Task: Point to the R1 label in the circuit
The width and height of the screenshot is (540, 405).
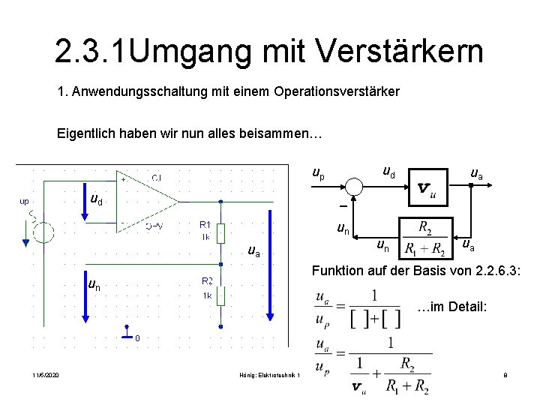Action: [205, 223]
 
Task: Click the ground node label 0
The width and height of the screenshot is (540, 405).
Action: [136, 337]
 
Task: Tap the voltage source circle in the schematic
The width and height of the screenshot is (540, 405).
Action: [43, 233]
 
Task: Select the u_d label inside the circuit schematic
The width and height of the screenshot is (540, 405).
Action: [97, 200]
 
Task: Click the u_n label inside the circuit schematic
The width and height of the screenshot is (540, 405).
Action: [95, 284]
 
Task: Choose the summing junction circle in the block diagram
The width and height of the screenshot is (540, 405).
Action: [354, 185]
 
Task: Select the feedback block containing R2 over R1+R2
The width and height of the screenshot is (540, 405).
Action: [424, 238]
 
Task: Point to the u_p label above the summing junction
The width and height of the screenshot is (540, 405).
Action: [319, 173]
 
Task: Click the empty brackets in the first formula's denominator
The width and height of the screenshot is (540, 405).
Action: [375, 318]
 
